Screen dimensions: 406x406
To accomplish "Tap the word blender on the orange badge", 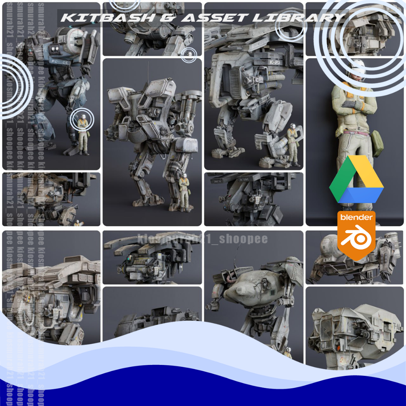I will (356, 217).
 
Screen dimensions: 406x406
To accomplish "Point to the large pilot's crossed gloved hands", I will (353, 105).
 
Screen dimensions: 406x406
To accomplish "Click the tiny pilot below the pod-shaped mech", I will (288, 352).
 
